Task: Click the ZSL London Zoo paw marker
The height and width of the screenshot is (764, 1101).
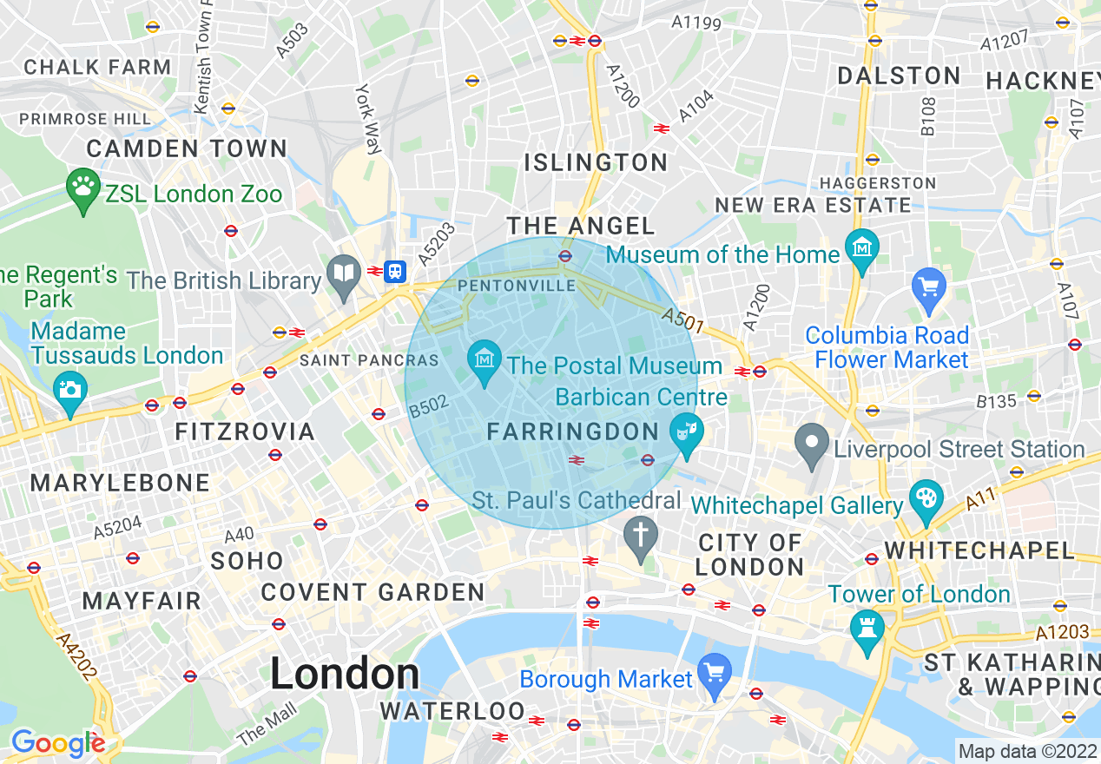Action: [83, 188]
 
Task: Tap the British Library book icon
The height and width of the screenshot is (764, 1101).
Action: [345, 276]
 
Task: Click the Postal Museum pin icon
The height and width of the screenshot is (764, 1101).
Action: [484, 360]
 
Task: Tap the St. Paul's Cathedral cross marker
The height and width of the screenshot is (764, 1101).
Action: [641, 536]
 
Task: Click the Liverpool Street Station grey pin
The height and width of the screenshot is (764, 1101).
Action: [812, 445]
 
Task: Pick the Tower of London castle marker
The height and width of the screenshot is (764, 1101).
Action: [867, 629]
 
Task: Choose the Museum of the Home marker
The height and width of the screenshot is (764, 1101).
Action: [862, 250]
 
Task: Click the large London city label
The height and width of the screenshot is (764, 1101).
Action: [345, 675]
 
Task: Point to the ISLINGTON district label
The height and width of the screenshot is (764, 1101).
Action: [597, 162]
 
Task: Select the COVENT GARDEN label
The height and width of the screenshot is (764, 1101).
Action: [372, 593]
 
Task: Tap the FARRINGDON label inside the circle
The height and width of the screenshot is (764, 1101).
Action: [573, 431]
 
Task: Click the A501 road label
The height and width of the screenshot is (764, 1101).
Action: [682, 320]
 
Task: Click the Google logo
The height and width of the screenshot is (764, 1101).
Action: [57, 743]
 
